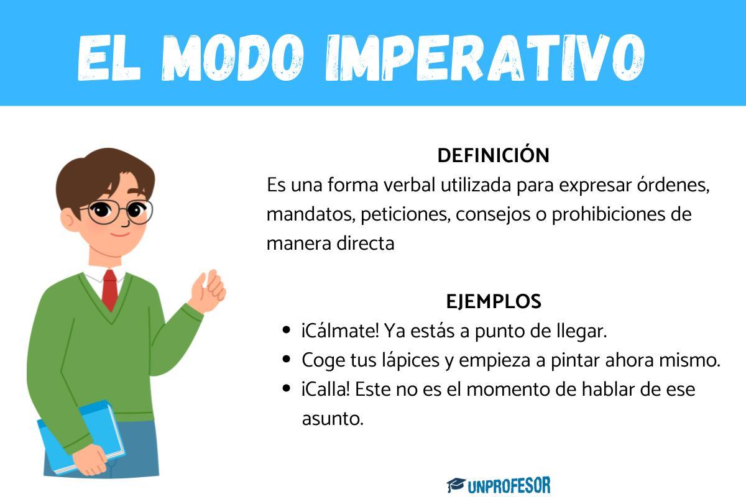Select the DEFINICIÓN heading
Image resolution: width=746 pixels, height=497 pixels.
point(493,155)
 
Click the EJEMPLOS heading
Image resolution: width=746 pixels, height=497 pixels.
point(494,302)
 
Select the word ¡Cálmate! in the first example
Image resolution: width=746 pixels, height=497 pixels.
point(340,331)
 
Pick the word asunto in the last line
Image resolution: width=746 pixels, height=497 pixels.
point(332,419)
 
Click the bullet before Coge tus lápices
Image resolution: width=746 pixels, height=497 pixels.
point(287,360)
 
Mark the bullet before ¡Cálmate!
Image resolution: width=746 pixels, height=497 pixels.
point(287,331)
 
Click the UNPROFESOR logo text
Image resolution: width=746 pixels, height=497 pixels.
point(509,485)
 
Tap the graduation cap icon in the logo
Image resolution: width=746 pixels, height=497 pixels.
point(456,485)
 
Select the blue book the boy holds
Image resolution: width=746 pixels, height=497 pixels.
point(78,435)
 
